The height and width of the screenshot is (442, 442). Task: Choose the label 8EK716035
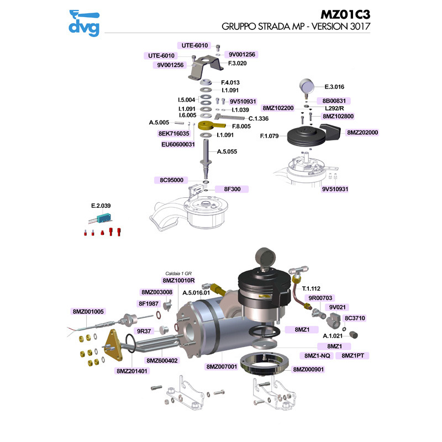(174, 134)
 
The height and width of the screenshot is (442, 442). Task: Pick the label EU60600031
(178, 144)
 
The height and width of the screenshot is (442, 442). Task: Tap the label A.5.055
(227, 151)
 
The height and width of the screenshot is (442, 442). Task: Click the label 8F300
(231, 189)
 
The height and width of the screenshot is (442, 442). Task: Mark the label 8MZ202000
(362, 133)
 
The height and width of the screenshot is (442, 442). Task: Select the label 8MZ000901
(308, 369)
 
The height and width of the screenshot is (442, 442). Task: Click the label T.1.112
(312, 288)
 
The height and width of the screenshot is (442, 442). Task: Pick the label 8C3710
(355, 318)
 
